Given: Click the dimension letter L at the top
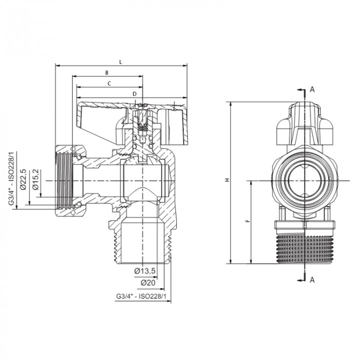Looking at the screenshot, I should point(120,62).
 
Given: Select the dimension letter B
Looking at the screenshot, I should point(106,73).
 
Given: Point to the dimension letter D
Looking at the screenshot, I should point(134,94).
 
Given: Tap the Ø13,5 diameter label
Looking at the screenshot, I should point(146,271).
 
